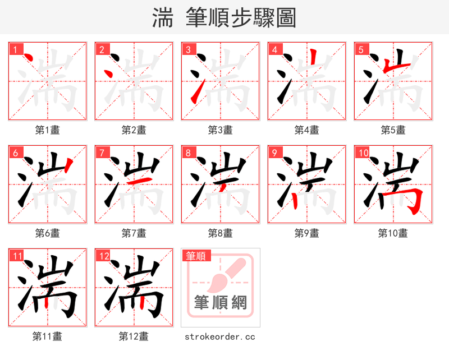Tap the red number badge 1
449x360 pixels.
point(14,49)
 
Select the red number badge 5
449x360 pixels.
point(360,49)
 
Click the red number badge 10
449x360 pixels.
point(363,153)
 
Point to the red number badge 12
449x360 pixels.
point(103,256)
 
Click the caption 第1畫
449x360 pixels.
point(48,130)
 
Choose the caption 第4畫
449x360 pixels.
point(307,130)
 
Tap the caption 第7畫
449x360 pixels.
point(134,233)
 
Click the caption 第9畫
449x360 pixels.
point(307,233)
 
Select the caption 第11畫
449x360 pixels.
point(48,336)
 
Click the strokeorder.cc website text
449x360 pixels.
point(220,336)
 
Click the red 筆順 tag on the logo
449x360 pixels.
point(196,256)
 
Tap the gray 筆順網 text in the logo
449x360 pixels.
point(221,303)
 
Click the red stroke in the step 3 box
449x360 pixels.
point(195,93)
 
